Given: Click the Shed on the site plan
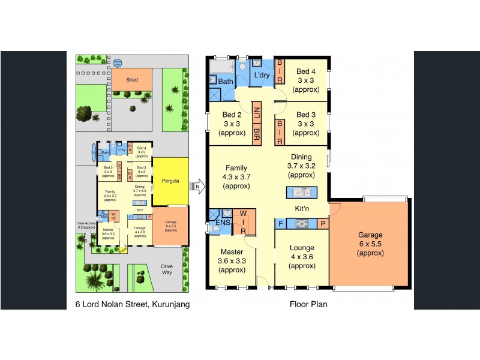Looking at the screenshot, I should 131,80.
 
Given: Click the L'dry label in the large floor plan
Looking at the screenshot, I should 262,75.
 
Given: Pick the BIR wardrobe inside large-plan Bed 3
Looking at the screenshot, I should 279,131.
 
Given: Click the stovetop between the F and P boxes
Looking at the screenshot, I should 301,224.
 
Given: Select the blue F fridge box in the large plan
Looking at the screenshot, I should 280,224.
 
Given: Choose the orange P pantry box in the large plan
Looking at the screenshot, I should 323,224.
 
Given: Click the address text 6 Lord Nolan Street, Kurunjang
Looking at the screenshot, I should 132,304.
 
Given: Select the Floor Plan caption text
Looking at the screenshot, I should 308,304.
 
